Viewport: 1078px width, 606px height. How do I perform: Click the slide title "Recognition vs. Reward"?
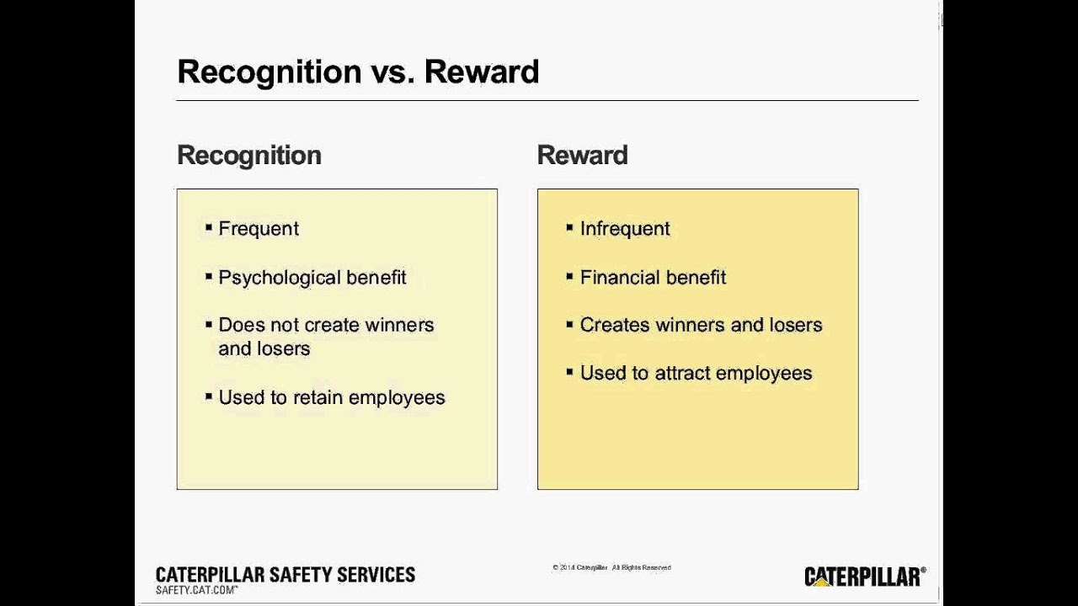[x=358, y=72]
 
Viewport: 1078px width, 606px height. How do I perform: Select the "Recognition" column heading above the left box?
[x=249, y=156]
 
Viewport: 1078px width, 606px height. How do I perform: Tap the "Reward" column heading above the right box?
[x=582, y=156]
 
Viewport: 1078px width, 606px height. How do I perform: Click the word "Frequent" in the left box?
[x=259, y=229]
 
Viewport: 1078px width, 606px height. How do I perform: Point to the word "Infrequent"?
[x=625, y=229]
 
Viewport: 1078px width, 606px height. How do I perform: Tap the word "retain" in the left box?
[x=318, y=397]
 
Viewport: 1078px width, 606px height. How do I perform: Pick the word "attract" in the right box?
[x=676, y=373]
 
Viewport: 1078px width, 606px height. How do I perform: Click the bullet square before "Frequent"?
[x=209, y=227]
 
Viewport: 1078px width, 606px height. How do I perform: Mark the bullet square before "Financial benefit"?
[x=570, y=276]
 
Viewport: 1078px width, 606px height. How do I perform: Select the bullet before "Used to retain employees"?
[x=209, y=396]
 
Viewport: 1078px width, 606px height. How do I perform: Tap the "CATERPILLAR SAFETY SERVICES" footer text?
[x=286, y=575]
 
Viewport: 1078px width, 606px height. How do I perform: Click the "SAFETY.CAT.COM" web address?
[x=195, y=591]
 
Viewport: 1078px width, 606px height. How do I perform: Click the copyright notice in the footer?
[x=611, y=568]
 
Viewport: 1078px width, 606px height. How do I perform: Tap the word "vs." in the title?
[x=392, y=72]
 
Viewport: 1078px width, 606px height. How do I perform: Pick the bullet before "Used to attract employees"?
[x=570, y=371]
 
